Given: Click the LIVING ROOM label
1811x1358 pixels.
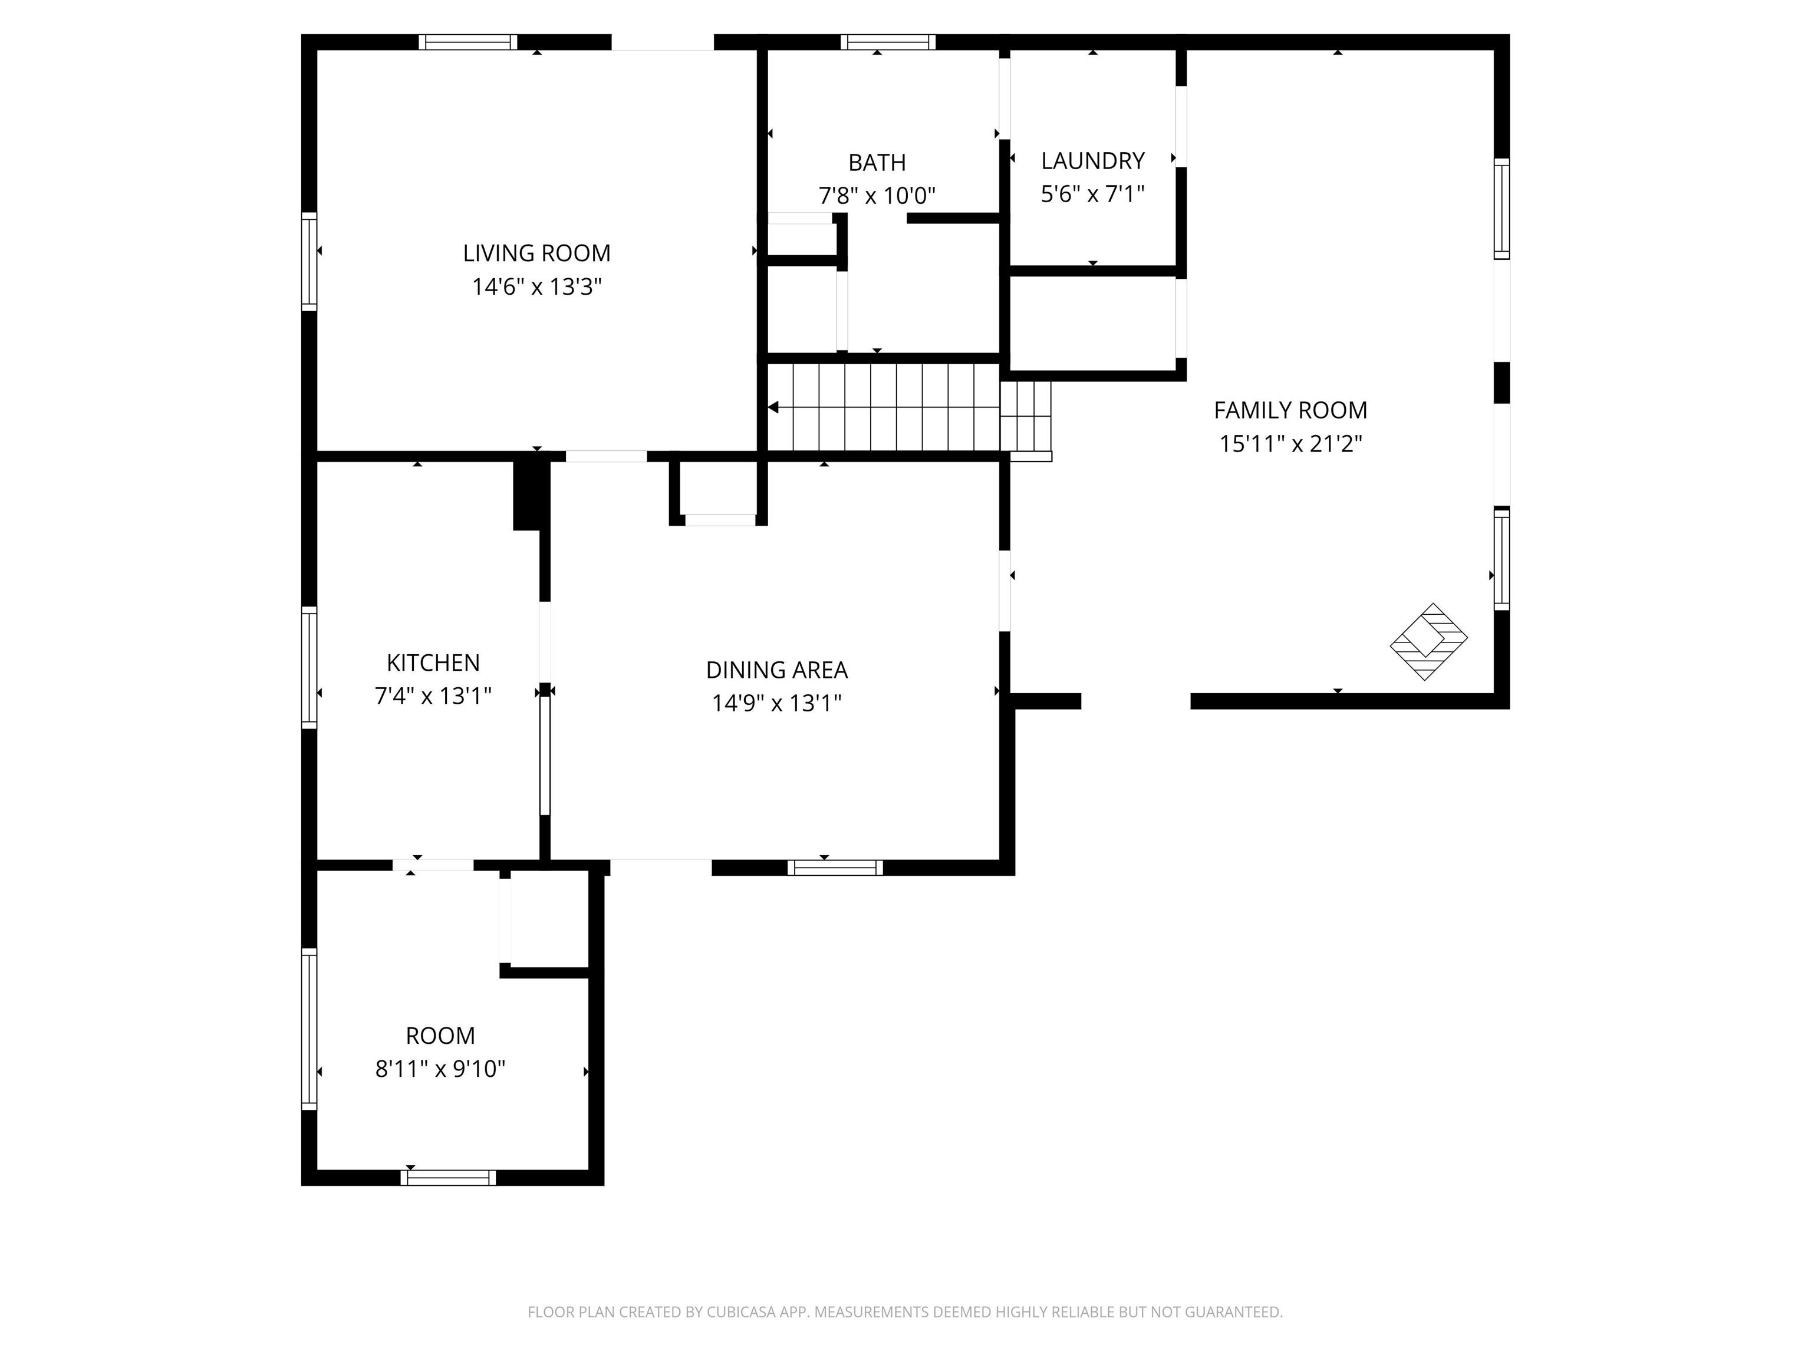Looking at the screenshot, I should pos(536,253).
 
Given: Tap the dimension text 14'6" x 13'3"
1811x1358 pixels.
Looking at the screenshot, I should pos(536,286).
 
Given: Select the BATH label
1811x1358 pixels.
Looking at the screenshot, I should pos(877,163).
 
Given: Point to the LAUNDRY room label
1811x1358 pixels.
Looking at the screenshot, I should pos(1092,160).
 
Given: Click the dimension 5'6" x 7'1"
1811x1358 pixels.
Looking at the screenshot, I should pos(1092,194).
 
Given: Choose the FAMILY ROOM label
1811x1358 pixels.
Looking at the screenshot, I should pos(1290,410).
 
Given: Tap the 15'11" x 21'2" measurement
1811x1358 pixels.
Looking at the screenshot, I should pos(1290,444).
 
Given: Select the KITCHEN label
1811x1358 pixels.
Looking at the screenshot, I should pos(433,662).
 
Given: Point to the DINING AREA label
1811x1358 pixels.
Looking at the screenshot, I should pos(776,670).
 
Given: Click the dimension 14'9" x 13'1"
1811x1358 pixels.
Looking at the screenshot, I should pos(776,703).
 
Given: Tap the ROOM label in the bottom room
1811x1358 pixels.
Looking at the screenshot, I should pos(440,1036).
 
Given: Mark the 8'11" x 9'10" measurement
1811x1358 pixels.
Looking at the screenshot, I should pos(440,1069).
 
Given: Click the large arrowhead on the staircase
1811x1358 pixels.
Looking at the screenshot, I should pos(773,407).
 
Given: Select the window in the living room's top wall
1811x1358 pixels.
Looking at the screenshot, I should pos(468,42).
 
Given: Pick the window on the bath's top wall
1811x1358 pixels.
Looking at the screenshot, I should pos(887,42).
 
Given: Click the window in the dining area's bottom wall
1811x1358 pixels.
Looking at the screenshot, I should pos(835,868).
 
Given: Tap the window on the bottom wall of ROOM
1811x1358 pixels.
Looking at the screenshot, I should pos(448,1177).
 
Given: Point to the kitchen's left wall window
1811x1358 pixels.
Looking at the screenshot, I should pos(309,667).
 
